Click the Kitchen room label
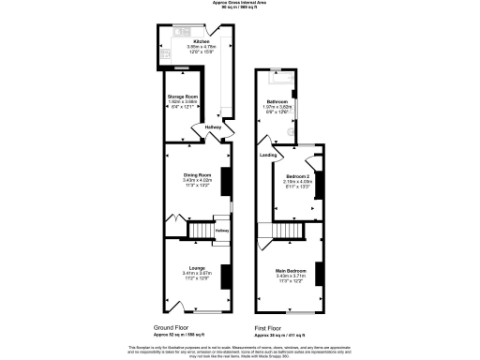201,41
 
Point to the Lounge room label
197,266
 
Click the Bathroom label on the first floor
277,101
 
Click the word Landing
268,154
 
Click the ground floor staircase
201,230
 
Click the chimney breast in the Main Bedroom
318,274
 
